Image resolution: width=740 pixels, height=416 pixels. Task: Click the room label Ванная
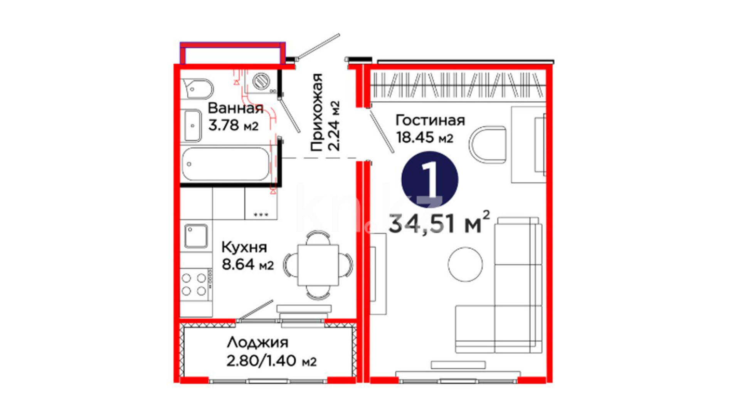pos(235,108)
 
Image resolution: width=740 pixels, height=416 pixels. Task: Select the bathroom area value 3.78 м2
pos(233,125)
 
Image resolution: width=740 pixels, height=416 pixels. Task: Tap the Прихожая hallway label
pos(316,112)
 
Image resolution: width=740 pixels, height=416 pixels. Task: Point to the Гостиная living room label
pos(430,120)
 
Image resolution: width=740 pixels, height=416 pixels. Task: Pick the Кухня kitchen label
pos(244,247)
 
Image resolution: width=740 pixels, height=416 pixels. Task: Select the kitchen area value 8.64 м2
pos(247,264)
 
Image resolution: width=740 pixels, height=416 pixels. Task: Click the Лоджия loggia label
pos(257,342)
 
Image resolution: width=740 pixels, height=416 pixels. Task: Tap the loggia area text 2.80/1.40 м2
pos(271,361)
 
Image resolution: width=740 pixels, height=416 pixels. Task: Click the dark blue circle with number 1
pos(430,179)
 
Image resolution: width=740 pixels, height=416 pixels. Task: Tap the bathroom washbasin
pos(192,126)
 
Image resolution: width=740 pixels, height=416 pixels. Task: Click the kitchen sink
pos(196,236)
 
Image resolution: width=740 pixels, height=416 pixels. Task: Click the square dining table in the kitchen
pos(318,265)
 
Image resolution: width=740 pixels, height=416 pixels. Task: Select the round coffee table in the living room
pos(465,264)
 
